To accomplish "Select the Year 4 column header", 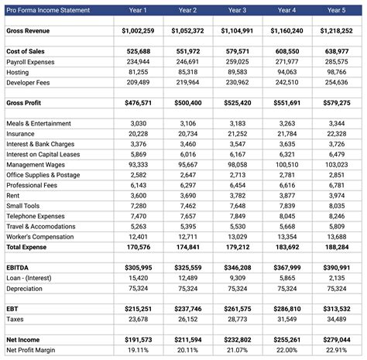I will pos(286,11).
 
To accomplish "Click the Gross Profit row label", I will pos(25,102).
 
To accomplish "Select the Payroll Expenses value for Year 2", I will pos(188,61).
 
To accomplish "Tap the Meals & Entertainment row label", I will pos(39,124).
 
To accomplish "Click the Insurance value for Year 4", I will pos(286,134).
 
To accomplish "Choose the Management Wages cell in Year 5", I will pos(335,165).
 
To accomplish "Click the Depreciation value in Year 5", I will pos(335,288).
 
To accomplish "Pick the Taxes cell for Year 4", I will pos(286,319).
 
